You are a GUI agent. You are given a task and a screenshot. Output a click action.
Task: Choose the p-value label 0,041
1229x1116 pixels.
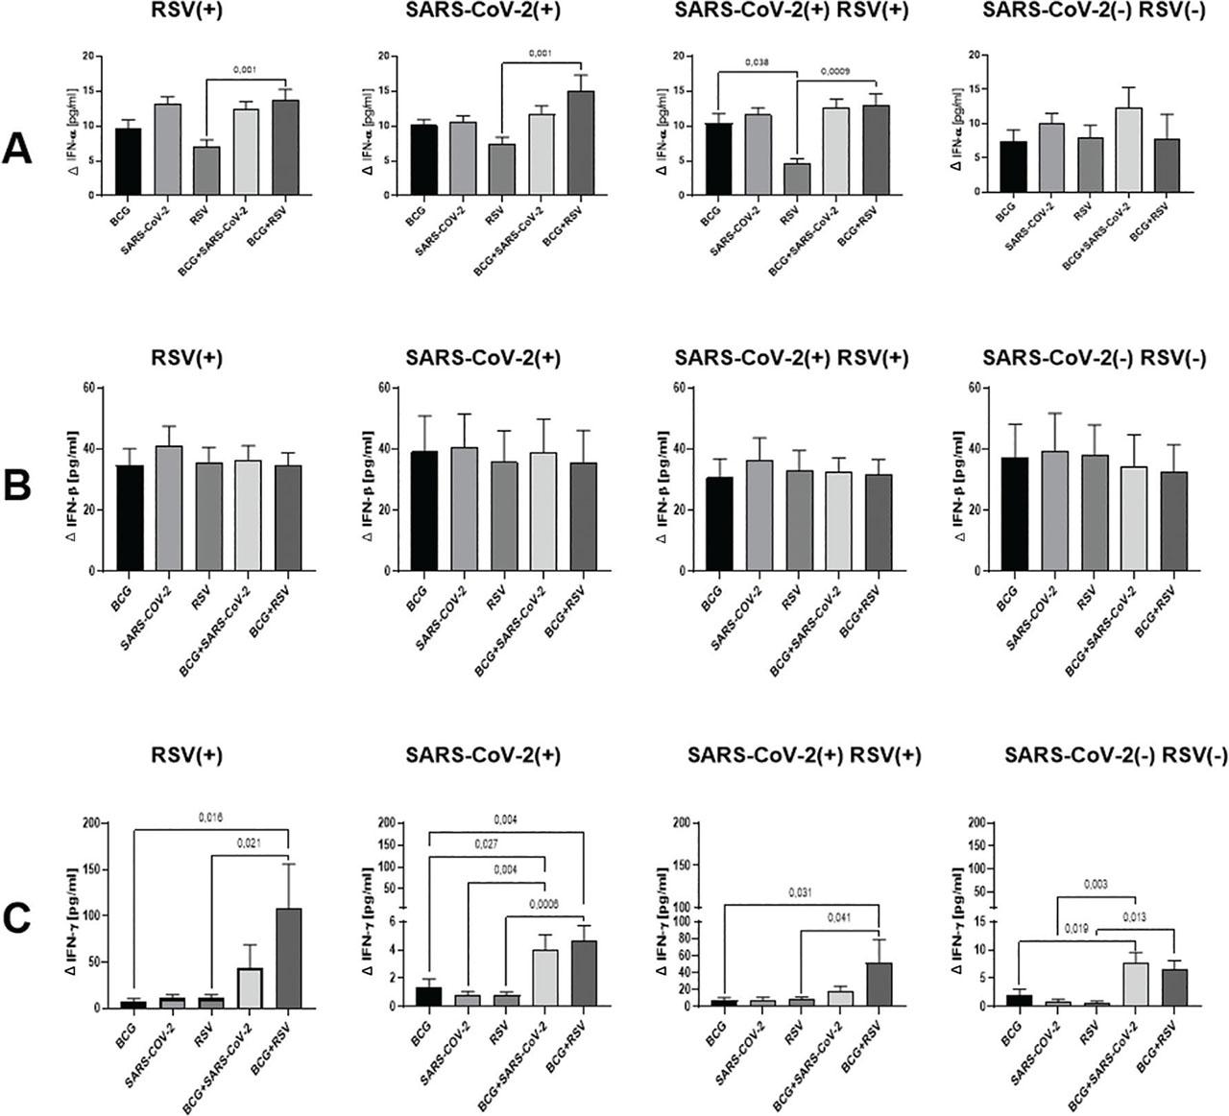[840, 918]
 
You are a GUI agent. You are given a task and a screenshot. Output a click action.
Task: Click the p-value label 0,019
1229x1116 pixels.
[1074, 928]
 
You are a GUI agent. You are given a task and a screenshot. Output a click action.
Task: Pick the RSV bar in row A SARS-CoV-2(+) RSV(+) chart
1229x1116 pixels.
[798, 178]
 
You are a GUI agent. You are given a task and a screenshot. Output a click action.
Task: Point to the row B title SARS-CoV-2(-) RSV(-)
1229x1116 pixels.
[1095, 358]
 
